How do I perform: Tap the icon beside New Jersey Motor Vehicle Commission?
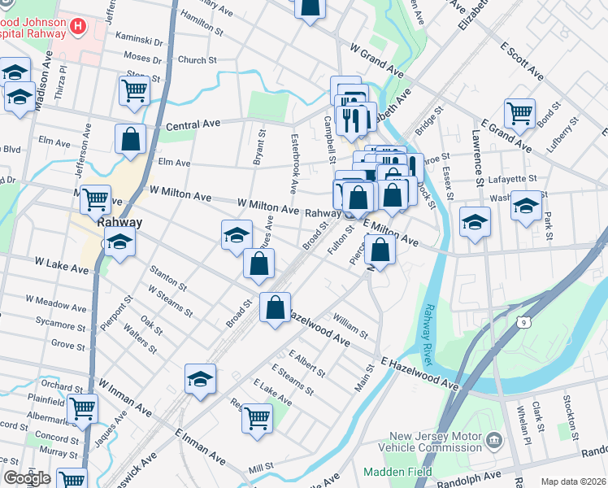pos(493,442)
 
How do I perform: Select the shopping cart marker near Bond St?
pos(519,112)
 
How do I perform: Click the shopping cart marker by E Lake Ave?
pos(257,418)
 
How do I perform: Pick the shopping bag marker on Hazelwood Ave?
pos(275,307)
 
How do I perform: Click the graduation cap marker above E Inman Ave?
pos(200,377)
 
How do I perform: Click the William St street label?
pos(351,328)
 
